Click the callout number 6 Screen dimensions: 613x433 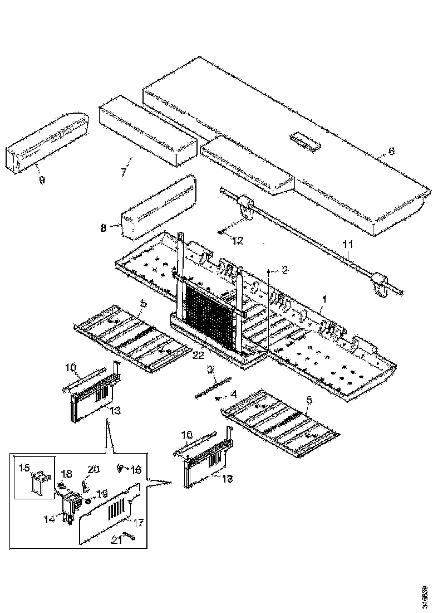tap(391, 151)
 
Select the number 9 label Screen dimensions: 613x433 tap(42, 180)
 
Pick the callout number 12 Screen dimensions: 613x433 tap(238, 241)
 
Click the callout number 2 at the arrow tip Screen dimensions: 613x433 tap(285, 270)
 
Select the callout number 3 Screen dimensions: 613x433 tap(211, 369)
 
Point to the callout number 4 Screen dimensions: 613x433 tap(234, 394)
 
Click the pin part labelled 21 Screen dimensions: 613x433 tap(131, 536)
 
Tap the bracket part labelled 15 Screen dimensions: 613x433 tap(39, 481)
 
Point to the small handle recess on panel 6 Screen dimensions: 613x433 tap(305, 140)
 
